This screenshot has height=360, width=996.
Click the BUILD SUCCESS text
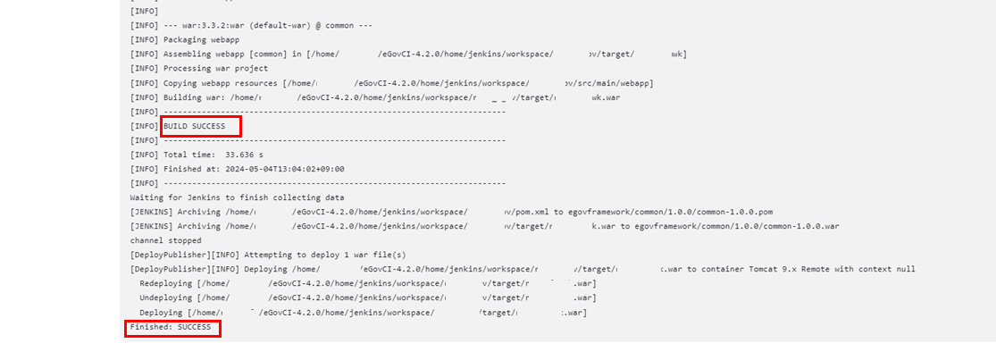point(195,126)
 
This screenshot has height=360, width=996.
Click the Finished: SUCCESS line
point(171,328)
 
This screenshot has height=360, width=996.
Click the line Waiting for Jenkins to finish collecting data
point(237,197)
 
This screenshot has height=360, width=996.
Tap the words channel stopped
point(165,240)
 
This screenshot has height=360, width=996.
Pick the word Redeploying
point(166,284)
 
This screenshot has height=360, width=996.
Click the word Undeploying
point(166,298)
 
